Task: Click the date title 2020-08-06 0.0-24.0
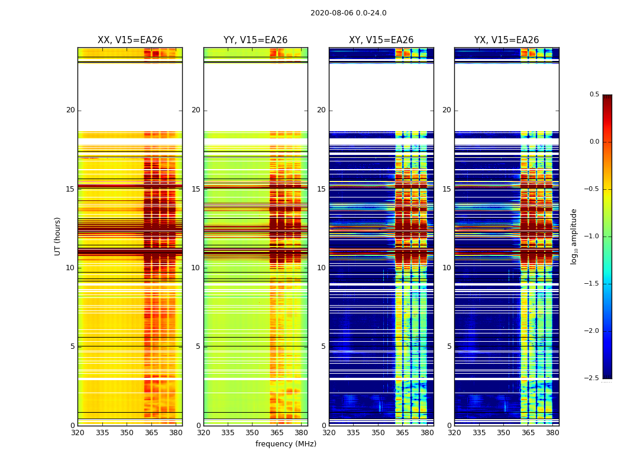pos(348,13)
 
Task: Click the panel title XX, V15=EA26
pos(130,40)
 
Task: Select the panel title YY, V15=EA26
pos(255,40)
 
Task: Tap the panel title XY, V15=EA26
pos(381,40)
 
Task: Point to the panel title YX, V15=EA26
pos(506,40)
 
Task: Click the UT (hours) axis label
pos(58,236)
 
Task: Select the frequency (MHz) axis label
pos(286,444)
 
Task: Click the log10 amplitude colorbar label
pos(574,236)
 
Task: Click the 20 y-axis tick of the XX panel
pos(70,110)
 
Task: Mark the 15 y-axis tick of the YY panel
pos(197,189)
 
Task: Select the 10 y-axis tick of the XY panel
pos(322,268)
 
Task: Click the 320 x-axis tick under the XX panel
pos(77,433)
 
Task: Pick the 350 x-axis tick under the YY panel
pos(253,433)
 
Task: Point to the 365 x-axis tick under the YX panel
pos(528,433)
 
